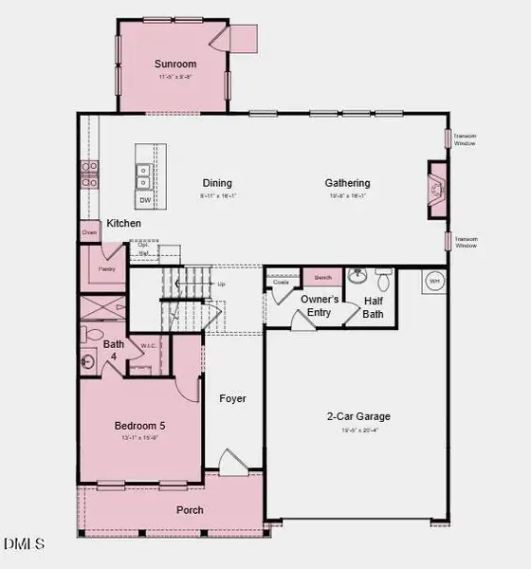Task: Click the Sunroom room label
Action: pos(174,65)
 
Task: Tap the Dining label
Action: pos(217,183)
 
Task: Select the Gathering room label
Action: pos(347,183)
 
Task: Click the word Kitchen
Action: pos(123,224)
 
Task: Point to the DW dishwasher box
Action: pos(145,201)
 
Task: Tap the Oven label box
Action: pos(89,232)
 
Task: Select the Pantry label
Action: pos(106,268)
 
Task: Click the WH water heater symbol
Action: pos(435,282)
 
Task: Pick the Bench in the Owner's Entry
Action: pos(321,277)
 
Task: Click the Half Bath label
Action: pos(373,307)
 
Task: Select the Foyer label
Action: pos(232,399)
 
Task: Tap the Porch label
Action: pos(190,510)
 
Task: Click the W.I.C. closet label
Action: pos(147,346)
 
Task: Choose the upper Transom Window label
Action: pos(465,138)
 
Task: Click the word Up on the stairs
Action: pos(222,284)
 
